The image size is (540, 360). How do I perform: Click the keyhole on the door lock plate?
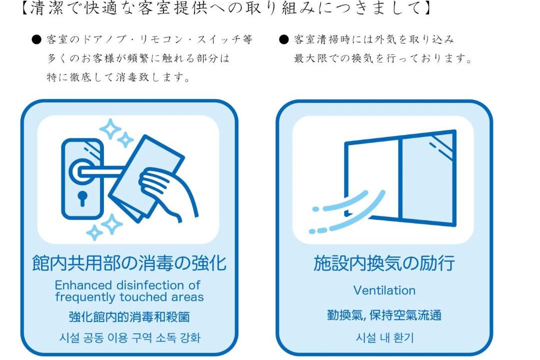[82, 197]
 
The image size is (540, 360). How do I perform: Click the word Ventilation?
[384, 290]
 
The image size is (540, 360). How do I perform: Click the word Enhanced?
[83, 285]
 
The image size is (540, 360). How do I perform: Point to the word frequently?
[85, 297]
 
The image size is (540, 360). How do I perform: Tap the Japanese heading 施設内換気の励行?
[384, 263]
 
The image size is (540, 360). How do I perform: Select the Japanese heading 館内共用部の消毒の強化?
[129, 263]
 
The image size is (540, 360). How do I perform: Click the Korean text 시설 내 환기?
[384, 337]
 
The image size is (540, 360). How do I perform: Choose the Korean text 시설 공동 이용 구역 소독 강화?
[129, 337]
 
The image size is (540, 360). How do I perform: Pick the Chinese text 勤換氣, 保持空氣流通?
[384, 315]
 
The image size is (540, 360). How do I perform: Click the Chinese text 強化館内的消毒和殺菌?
[129, 316]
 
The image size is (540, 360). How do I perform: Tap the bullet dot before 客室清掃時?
[283, 39]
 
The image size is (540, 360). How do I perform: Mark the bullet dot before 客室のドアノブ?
[36, 39]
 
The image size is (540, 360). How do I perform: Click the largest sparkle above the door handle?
[110, 129]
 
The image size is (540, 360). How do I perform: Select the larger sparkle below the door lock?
[111, 224]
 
